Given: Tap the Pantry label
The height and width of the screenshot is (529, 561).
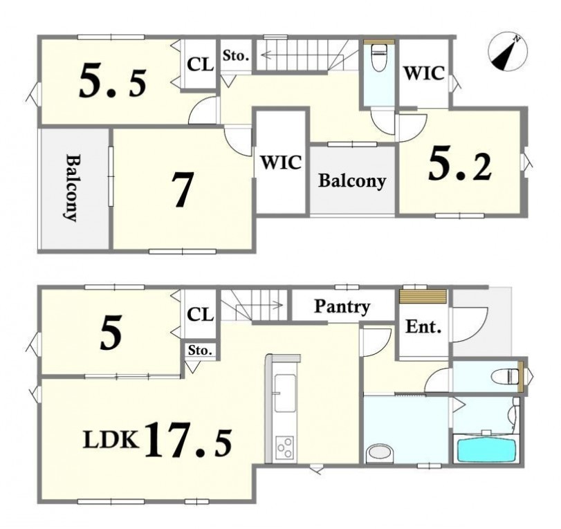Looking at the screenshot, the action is tap(342, 307).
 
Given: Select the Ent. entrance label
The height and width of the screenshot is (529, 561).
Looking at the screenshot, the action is tap(423, 326).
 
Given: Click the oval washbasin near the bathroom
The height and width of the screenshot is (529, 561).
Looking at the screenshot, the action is tap(379, 452).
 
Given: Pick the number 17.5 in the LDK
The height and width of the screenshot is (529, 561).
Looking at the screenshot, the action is tap(188, 440).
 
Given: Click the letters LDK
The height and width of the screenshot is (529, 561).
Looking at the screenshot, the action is tap(111, 440).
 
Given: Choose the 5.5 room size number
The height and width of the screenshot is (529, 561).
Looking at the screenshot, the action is tap(112, 80).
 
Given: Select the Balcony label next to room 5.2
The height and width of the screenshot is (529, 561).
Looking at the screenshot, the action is tap(352, 180).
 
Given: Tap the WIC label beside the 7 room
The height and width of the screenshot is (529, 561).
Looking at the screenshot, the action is tap(281, 163).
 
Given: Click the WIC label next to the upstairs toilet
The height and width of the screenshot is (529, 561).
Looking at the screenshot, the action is tap(424, 73).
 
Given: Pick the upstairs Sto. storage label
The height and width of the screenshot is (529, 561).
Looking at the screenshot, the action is tap(235, 55).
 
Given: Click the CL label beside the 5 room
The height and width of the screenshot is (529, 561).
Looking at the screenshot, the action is tap(201, 315).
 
